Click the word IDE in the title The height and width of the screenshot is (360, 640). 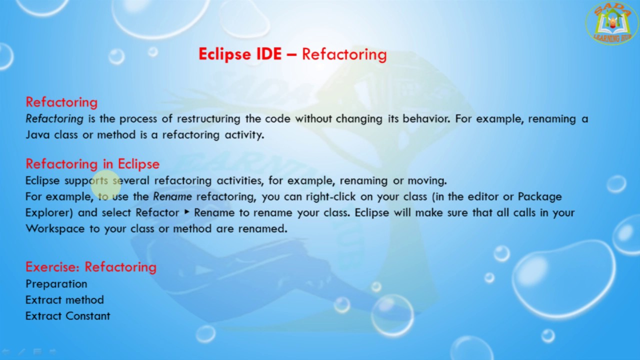click(269, 54)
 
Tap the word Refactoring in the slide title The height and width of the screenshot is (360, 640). click(344, 54)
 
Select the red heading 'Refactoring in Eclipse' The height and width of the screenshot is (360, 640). click(92, 164)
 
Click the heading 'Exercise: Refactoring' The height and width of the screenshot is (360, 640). click(91, 267)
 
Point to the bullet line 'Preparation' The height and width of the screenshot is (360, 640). click(56, 284)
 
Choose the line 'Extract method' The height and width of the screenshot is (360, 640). click(65, 300)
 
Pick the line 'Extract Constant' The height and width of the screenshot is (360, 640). click(68, 316)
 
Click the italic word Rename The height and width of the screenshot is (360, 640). click(172, 196)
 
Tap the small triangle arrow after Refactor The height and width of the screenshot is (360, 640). click(187, 212)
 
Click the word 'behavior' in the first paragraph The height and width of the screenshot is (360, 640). click(425, 119)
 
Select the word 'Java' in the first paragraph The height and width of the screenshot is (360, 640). click(37, 135)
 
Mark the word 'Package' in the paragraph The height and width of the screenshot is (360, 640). click(539, 196)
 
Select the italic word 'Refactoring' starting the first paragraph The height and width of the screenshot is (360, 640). click(54, 119)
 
